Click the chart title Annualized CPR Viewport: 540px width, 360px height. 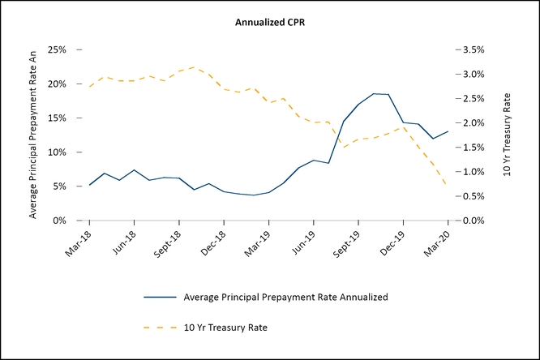pos(269,22)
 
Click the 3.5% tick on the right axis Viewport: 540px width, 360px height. pos(473,49)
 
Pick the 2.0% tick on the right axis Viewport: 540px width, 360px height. pos(473,123)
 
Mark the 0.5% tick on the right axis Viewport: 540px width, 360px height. pos(473,196)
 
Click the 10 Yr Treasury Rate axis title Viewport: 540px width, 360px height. pos(508,135)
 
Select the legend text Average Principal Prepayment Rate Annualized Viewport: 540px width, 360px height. pos(285,297)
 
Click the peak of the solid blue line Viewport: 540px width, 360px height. pos(375,93)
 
